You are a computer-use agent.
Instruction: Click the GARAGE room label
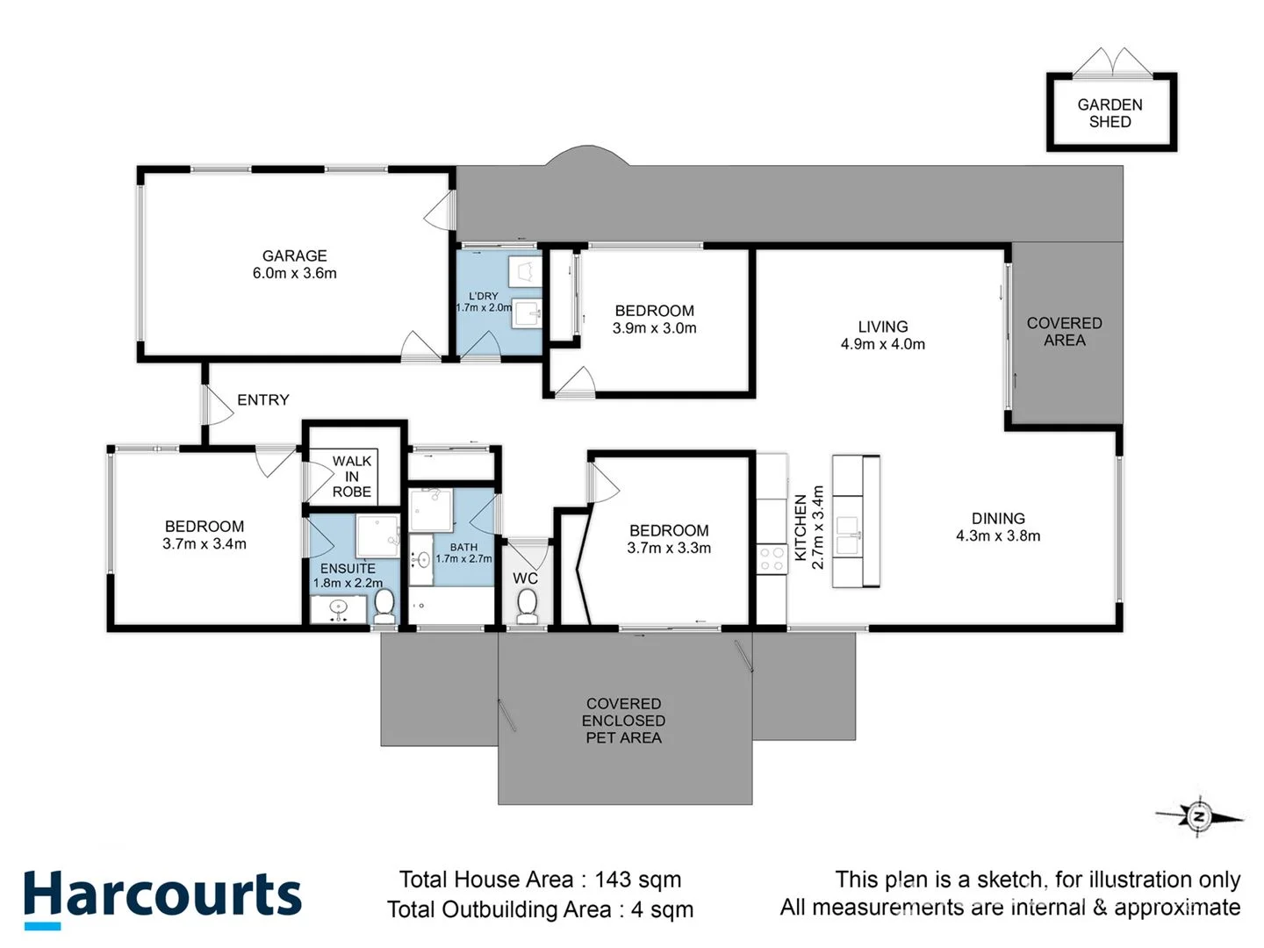click(294, 255)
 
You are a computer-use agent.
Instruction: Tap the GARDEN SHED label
click(1110, 113)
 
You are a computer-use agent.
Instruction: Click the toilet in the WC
click(527, 606)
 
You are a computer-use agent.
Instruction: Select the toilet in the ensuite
click(384, 604)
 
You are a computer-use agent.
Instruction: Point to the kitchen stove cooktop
click(772, 559)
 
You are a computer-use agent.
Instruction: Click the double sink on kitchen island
click(847, 536)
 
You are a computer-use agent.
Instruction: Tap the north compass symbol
click(1198, 816)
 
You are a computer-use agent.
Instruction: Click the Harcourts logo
click(162, 897)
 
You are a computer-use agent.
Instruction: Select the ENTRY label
click(262, 400)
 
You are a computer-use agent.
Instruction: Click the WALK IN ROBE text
click(352, 477)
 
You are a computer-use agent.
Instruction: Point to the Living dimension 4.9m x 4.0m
click(882, 344)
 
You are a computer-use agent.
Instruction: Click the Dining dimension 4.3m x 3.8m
click(998, 536)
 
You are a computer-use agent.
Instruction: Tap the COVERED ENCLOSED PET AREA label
click(624, 721)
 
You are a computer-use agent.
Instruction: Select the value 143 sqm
click(637, 880)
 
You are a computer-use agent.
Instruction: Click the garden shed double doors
click(1112, 63)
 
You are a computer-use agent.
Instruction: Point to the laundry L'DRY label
click(483, 297)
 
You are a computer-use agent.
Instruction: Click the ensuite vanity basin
click(339, 608)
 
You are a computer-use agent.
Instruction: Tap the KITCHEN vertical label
click(801, 527)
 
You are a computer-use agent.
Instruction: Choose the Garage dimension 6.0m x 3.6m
click(294, 273)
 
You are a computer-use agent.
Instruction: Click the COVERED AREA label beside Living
click(1064, 332)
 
